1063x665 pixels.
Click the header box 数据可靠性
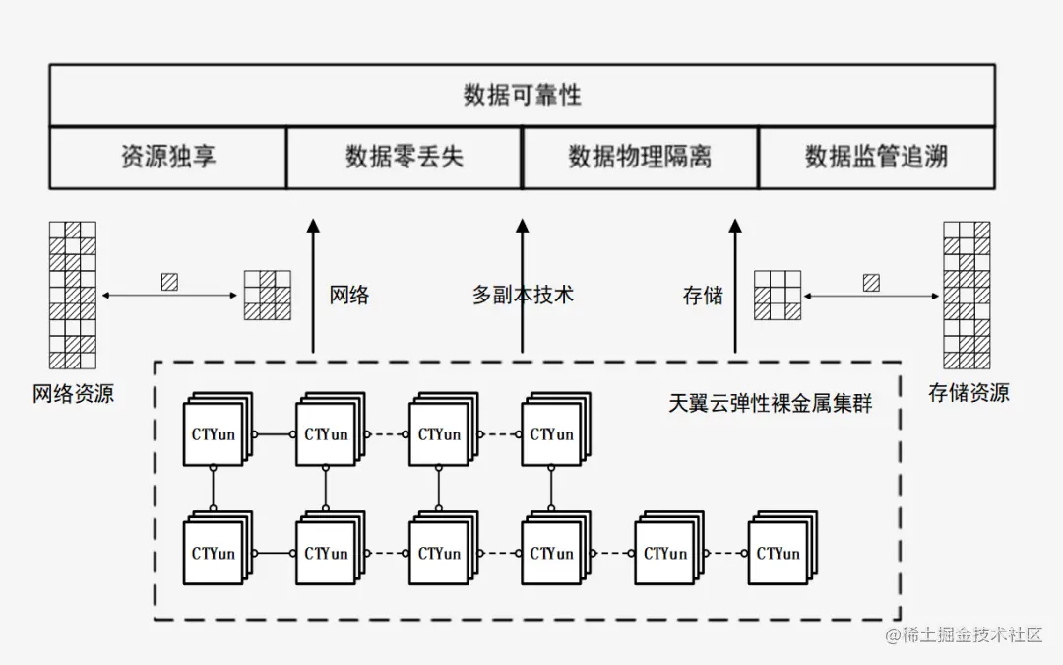pos(522,96)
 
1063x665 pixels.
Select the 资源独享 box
pos(168,157)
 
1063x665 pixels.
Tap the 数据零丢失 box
pos(404,157)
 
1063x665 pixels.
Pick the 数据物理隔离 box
pos(640,157)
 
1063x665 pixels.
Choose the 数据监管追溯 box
pos(876,157)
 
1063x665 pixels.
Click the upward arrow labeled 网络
pos(313,286)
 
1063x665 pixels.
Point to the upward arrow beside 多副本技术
pos(523,286)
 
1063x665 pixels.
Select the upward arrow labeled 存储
pos(734,286)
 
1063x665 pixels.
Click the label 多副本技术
pos(523,295)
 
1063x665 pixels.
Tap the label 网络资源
pos(74,395)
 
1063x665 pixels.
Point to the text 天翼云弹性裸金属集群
pos(771,404)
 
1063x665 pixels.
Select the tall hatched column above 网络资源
pos(73,295)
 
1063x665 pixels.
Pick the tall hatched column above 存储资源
pos(966,295)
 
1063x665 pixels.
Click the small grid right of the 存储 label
pos(777,295)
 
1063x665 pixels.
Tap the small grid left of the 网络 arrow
pos(268,295)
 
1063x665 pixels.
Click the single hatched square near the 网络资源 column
pos(169,282)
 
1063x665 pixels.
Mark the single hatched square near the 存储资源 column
pos(871,283)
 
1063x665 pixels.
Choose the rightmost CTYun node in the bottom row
pos(779,553)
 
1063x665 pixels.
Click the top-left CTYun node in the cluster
pos(214,434)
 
